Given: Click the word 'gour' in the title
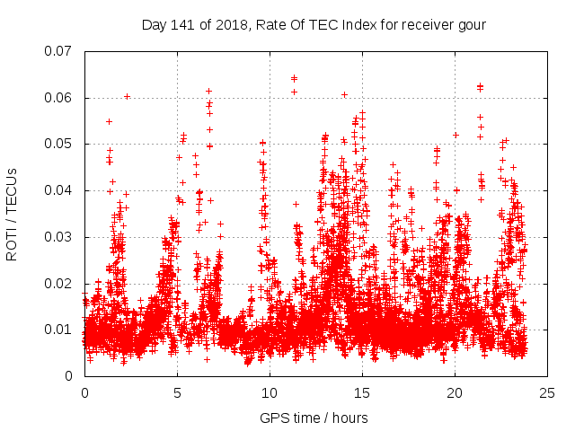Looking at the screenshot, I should pyautogui.click(x=470, y=25).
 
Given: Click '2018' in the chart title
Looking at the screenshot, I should pyautogui.click(x=230, y=25).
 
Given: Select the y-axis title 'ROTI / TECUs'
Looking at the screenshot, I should pyautogui.click(x=13, y=214).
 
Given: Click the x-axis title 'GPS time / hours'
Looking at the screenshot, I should pyautogui.click(x=314, y=418).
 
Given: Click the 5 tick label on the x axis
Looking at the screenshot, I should pyautogui.click(x=177, y=393).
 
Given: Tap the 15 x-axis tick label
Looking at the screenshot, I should pyautogui.click(x=362, y=393).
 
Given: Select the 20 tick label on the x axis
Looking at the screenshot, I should pyautogui.click(x=455, y=393).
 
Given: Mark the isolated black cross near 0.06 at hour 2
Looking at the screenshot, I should pyautogui.click(x=127, y=96).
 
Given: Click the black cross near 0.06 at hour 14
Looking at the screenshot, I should pyautogui.click(x=344, y=94).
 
